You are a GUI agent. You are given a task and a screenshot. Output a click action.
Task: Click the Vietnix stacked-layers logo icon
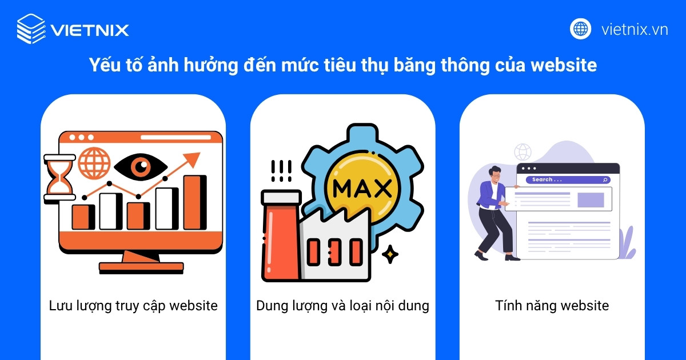click(31, 29)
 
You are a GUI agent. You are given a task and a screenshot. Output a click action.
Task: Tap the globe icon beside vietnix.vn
click(580, 29)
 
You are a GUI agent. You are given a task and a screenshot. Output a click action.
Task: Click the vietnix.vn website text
click(635, 29)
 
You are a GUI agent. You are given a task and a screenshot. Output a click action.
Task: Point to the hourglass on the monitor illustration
click(59, 177)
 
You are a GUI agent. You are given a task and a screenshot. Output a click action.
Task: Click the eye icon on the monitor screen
click(140, 167)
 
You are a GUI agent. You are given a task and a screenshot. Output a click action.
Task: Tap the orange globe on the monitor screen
click(94, 162)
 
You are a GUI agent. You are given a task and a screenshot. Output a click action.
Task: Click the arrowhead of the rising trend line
click(194, 158)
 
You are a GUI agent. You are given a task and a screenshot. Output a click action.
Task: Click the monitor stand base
click(141, 267)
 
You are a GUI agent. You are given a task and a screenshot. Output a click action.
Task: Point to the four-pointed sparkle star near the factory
click(390, 254)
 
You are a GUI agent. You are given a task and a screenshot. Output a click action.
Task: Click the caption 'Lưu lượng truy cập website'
click(133, 306)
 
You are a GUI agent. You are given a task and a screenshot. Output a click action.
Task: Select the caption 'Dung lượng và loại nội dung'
click(342, 306)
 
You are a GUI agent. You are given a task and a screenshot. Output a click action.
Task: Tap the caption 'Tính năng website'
click(552, 306)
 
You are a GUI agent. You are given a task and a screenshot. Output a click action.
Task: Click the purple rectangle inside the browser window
click(591, 199)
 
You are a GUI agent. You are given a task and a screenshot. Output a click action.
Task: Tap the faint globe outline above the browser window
click(523, 151)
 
